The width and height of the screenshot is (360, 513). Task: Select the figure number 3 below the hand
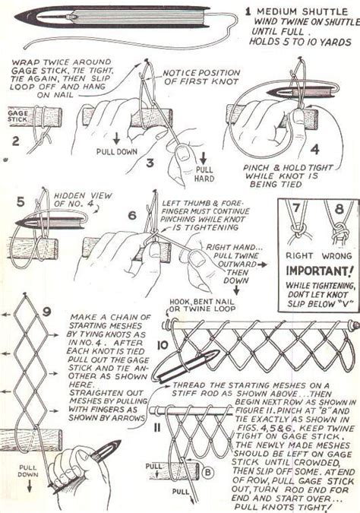[150, 162]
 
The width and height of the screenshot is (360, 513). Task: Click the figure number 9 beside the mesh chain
[46, 311]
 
